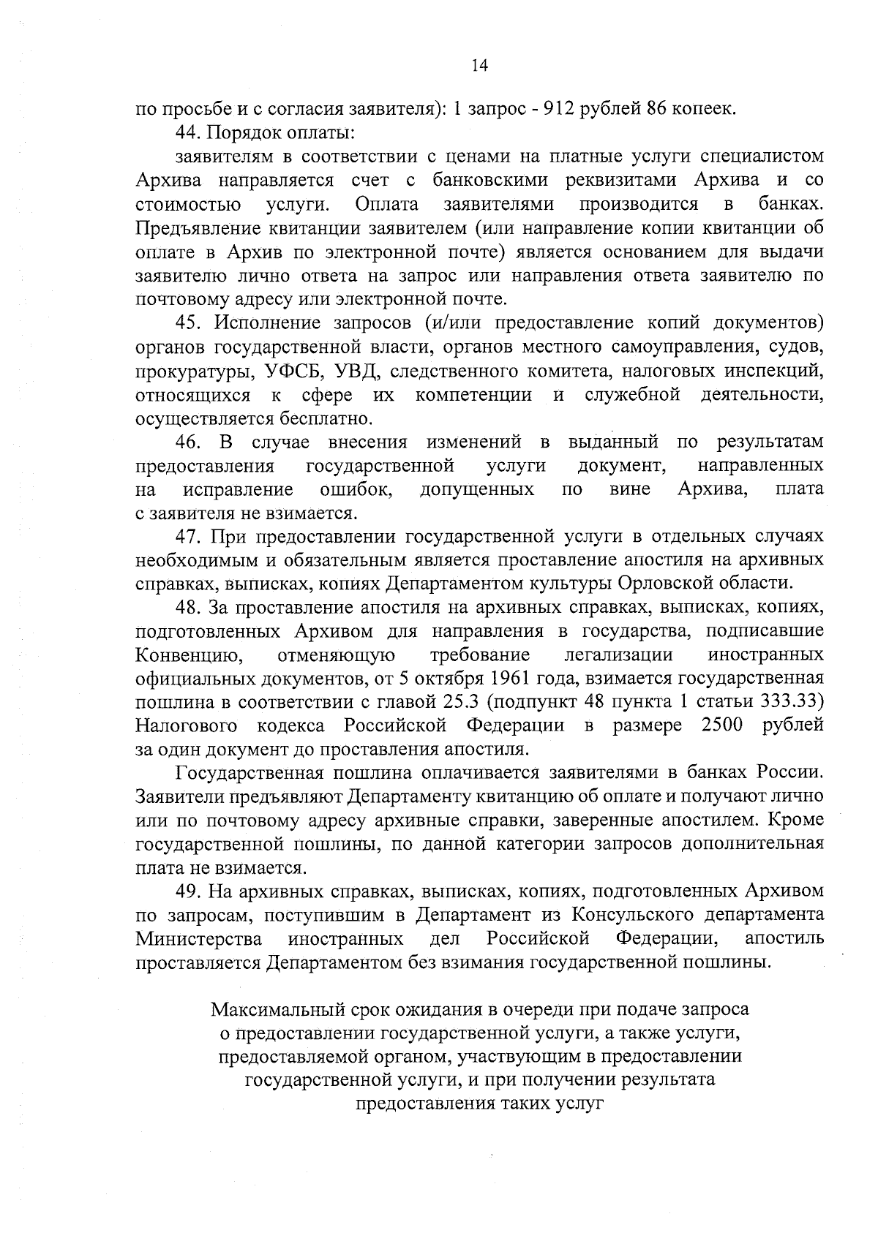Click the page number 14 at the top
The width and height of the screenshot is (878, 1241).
click(479, 66)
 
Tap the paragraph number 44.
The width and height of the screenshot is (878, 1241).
click(187, 134)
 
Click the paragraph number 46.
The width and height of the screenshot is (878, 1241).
click(187, 442)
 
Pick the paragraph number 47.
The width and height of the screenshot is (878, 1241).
click(187, 537)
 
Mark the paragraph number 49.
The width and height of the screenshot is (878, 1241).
click(187, 891)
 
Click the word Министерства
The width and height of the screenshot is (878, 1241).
click(200, 938)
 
